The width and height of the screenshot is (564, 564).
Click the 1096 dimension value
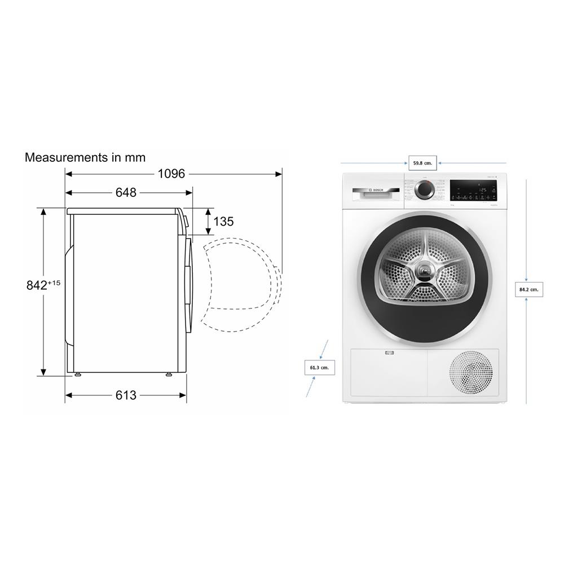[x=171, y=174]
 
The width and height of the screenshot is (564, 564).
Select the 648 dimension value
[x=126, y=192]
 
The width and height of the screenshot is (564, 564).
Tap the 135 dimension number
[x=223, y=222]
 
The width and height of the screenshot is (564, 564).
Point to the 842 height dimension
[x=37, y=285]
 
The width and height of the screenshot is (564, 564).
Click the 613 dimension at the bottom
[x=126, y=395]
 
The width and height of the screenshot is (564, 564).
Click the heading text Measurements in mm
[x=85, y=157]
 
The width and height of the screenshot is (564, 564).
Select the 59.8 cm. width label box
[x=422, y=163]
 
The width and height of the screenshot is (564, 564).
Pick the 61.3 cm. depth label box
[x=319, y=368]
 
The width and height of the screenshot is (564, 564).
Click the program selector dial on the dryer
[x=424, y=190]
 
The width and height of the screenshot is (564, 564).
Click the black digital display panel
[x=473, y=190]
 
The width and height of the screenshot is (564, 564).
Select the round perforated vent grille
[x=470, y=372]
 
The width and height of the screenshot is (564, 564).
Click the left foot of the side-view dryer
[x=77, y=373]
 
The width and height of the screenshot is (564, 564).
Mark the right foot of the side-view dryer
[x=169, y=373]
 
